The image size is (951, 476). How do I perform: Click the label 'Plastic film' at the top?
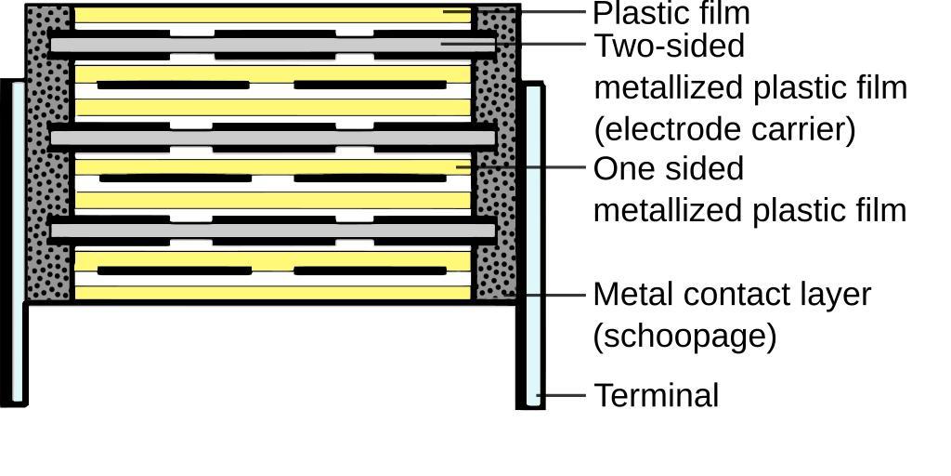(671, 14)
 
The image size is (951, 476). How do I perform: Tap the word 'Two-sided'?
(669, 46)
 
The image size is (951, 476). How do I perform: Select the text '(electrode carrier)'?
(724, 128)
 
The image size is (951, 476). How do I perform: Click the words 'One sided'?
(669, 168)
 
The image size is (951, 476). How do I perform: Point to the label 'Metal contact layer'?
(732, 294)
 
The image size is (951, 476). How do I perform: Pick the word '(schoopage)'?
(684, 335)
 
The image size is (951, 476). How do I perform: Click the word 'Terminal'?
(656, 395)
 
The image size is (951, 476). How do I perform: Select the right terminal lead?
(531, 246)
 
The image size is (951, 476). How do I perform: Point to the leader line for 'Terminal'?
(561, 395)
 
